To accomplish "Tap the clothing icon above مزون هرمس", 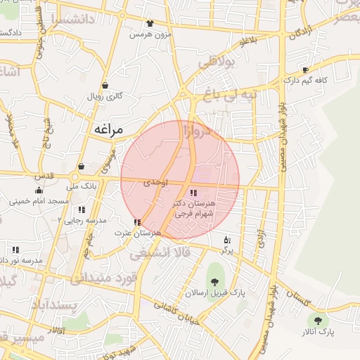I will pyautogui.click(x=149, y=24).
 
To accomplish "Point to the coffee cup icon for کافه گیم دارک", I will pyautogui.click(x=305, y=70).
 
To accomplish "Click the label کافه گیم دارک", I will pyautogui.click(x=307, y=82).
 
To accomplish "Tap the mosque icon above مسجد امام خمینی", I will pyautogui.click(x=39, y=191).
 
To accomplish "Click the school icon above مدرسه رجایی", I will pyautogui.click(x=82, y=210).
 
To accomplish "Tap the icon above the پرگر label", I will pyautogui.click(x=226, y=239).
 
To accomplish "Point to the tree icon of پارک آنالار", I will pyautogui.click(x=320, y=320).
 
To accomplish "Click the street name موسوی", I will pyautogui.click(x=105, y=165).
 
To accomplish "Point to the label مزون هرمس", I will pyautogui.click(x=150, y=34).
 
